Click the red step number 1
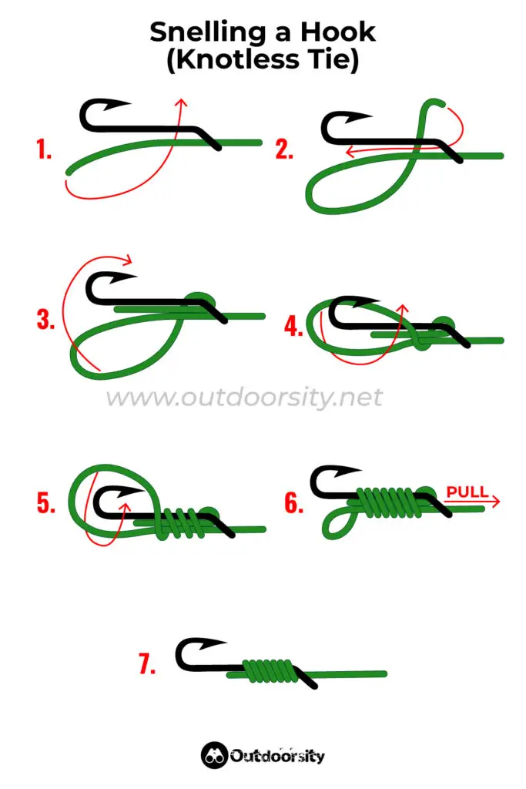click(x=44, y=149)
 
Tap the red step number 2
click(x=284, y=149)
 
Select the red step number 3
click(x=45, y=319)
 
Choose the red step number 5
click(x=45, y=503)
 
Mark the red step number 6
click(x=293, y=503)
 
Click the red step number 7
click(x=148, y=665)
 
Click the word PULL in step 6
click(x=467, y=492)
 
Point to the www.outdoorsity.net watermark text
click(x=243, y=398)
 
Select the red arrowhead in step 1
click(x=181, y=102)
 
